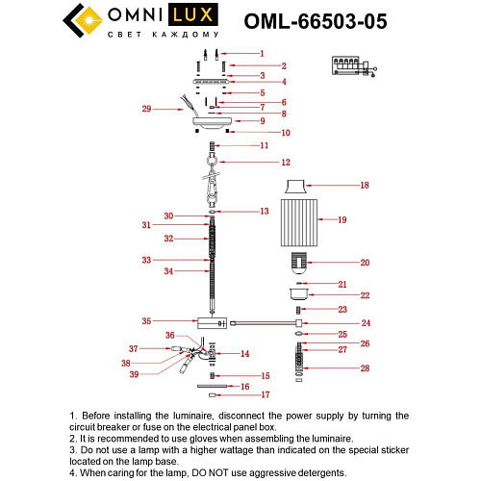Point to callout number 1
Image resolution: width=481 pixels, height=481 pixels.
[261, 54]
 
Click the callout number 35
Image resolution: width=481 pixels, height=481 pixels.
[147, 320]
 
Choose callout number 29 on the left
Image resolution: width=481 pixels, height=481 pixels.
[147, 110]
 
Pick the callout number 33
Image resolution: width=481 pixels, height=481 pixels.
[147, 260]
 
